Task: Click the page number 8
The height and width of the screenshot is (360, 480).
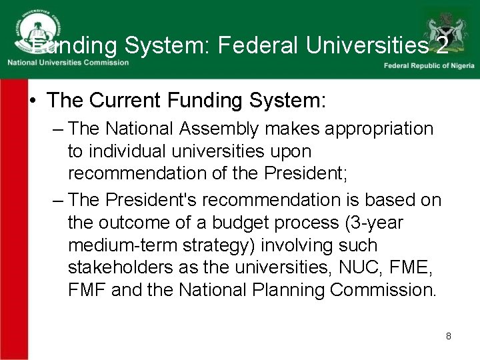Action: pyautogui.click(x=449, y=336)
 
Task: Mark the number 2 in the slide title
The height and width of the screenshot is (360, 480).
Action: pyautogui.click(x=441, y=45)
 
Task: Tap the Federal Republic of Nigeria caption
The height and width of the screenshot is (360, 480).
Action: pyautogui.click(x=429, y=65)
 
